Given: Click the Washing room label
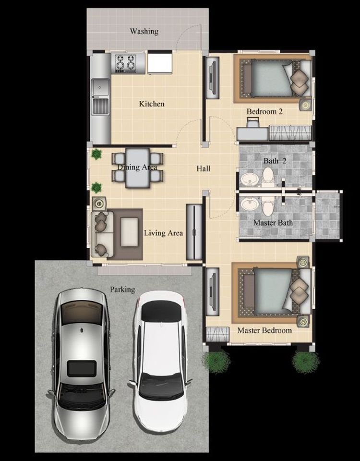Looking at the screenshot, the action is pos(144,31).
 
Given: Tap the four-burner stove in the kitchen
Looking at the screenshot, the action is pos(126,63).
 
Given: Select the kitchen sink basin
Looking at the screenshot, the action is pos(100,87).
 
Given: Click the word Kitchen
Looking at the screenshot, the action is pos(152,104).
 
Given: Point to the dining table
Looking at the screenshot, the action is pos(138,168).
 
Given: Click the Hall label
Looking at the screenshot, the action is pos(204,169).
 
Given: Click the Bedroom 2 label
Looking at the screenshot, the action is pos(264,112).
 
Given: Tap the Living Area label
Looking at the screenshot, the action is pos(163,233).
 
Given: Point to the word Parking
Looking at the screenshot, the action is pos(122,290).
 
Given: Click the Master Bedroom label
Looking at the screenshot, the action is pos(264,330).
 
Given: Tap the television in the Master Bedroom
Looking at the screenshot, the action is pos(213,291).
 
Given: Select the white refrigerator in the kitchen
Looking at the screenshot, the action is pos(159,63).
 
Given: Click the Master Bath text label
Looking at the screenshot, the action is pos(273,223).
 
